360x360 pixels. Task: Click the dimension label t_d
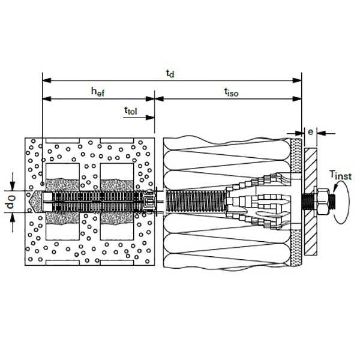pyautogui.click(x=170, y=74)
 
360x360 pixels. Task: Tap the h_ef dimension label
pyautogui.click(x=98, y=92)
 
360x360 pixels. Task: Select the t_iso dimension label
pyautogui.click(x=231, y=92)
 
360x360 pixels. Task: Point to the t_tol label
pyautogui.click(x=131, y=111)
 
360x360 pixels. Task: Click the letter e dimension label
pyautogui.click(x=310, y=132)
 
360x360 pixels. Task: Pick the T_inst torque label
pyautogui.click(x=340, y=175)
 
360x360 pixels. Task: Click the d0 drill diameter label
pyautogui.click(x=11, y=202)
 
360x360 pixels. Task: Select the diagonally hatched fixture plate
pyautogui.click(x=311, y=202)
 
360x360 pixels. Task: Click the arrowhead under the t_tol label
pyautogui.click(x=150, y=118)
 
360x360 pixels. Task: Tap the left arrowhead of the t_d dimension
pyautogui.click(x=47, y=80)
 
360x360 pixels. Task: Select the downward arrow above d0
pyautogui.click(x=13, y=181)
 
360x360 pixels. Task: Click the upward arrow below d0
pyautogui.click(x=13, y=223)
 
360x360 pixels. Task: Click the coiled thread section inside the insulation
pyautogui.click(x=196, y=202)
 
